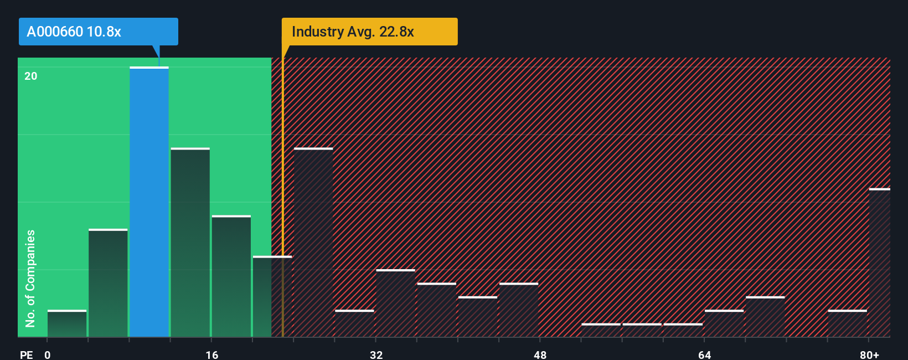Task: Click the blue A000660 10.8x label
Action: click(98, 32)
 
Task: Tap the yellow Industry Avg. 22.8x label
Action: click(369, 32)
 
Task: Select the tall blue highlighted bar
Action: click(149, 202)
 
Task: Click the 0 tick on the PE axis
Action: click(48, 354)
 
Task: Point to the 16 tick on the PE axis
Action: click(212, 354)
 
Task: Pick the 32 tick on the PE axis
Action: click(376, 354)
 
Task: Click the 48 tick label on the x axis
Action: click(540, 354)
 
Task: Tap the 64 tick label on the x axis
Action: click(704, 354)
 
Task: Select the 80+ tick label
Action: click(869, 354)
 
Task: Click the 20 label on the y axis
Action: click(31, 76)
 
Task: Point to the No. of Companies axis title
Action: click(30, 278)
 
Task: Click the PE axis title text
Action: click(26, 354)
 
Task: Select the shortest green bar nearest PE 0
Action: click(67, 324)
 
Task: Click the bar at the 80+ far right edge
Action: click(879, 263)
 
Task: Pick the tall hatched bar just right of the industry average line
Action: click(313, 243)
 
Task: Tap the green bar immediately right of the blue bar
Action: click(190, 243)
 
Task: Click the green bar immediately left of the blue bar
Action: click(108, 283)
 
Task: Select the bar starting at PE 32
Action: click(395, 304)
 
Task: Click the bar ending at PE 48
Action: click(519, 310)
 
